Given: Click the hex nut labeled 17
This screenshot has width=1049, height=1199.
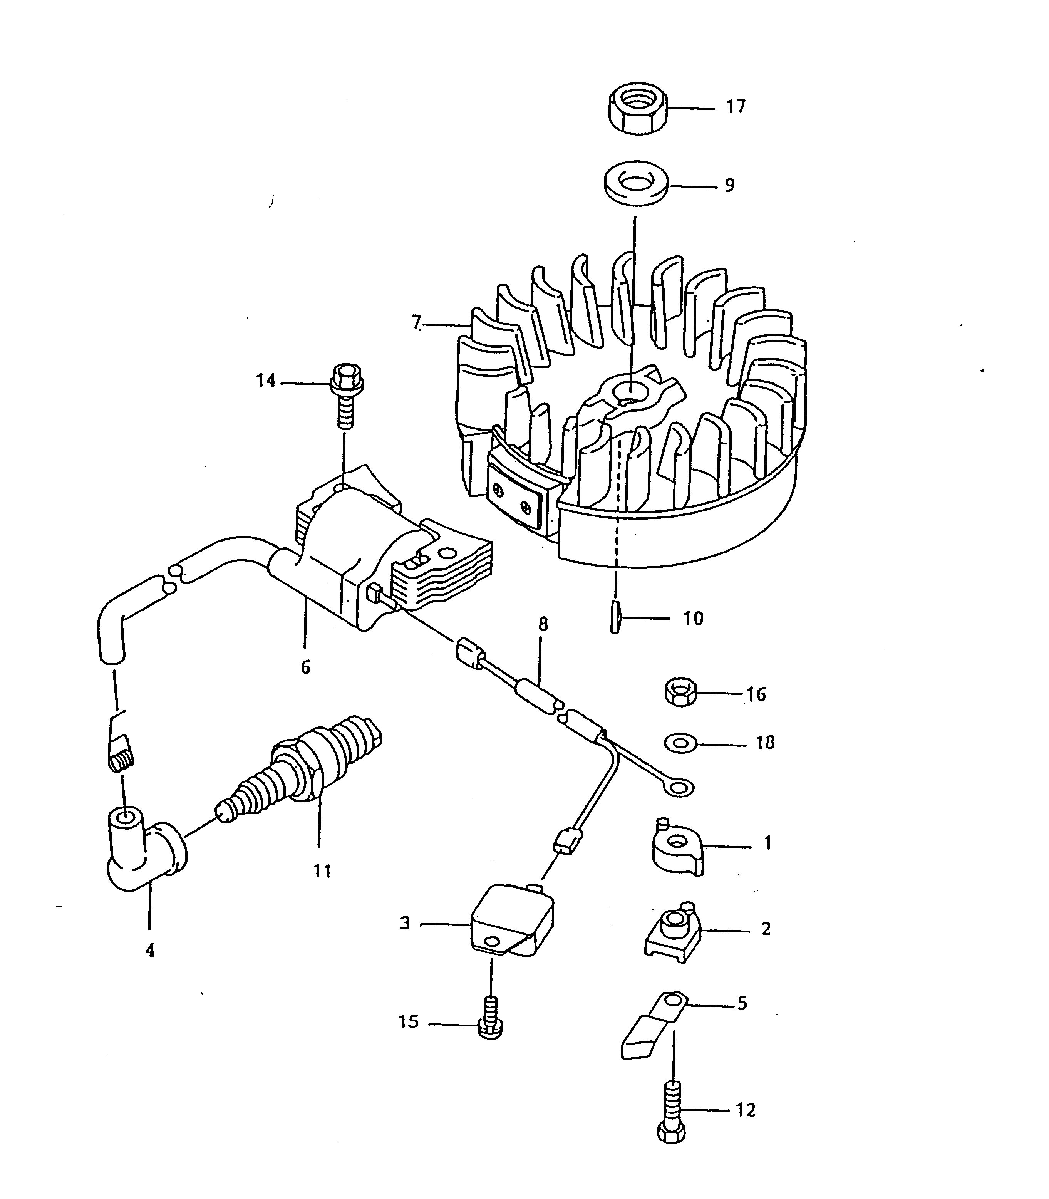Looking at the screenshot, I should (638, 109).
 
